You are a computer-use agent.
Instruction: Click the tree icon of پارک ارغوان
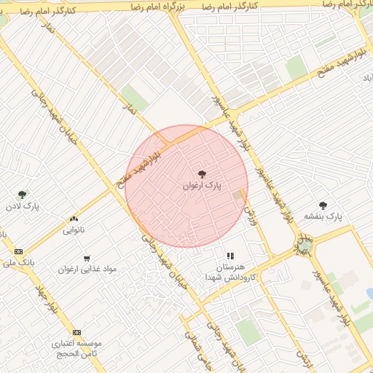pos(202,173)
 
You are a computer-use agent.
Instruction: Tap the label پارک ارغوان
pos(201,186)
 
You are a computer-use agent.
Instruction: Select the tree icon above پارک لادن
pos(23,195)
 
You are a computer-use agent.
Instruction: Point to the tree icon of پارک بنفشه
pos(323,205)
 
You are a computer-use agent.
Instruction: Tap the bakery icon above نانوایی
pos(74,219)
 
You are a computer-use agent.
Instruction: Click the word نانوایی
pos(74,230)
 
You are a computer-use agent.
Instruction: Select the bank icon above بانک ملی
pos(18,251)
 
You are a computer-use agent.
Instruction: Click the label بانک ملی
pos(19,262)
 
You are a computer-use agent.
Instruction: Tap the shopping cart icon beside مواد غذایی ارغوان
pos(87,259)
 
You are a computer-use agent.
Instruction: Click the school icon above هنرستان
pos(230,256)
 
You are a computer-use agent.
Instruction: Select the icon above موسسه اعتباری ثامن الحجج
pos(77,332)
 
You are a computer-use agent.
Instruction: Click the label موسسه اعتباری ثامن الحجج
pos(76,348)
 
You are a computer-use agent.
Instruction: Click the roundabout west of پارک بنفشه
pos(304,244)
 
